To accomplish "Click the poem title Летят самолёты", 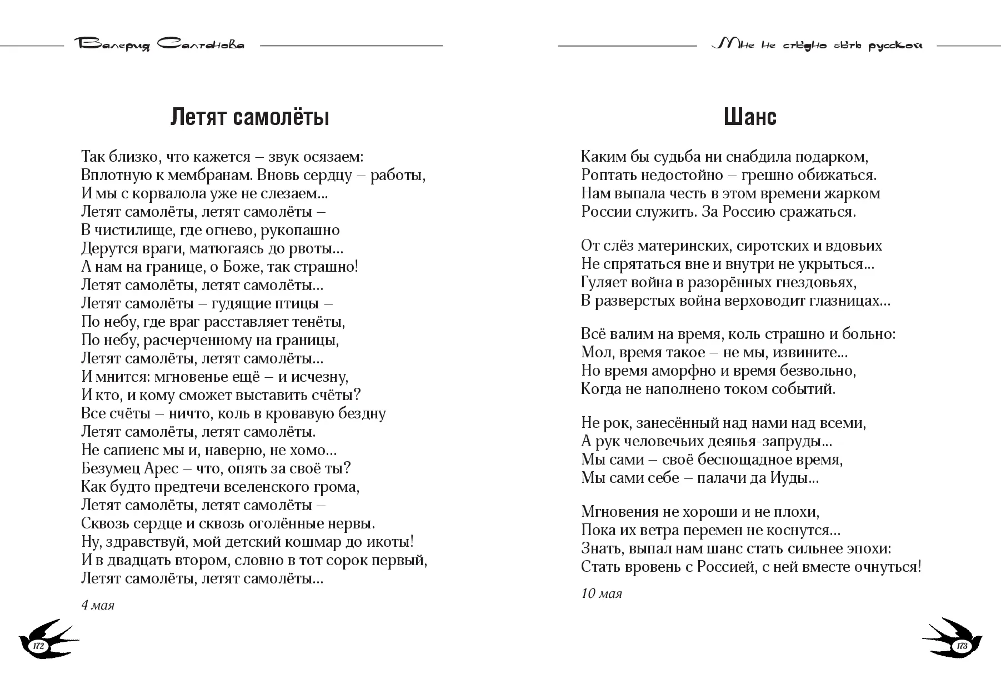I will [249, 117].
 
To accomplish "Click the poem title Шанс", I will [750, 117].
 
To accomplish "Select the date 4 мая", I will [98, 605].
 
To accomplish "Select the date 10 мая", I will [602, 593].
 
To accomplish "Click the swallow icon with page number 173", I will [956, 640].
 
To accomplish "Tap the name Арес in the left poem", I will [161, 468].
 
